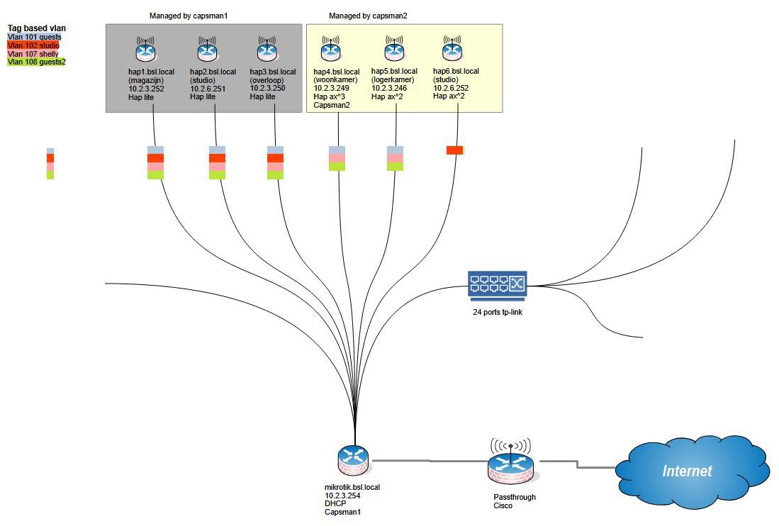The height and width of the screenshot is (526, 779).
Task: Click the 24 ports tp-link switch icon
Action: click(x=497, y=285)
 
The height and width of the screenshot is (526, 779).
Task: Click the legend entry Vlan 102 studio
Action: click(x=33, y=45)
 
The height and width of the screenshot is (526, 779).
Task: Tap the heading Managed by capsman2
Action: click(x=368, y=16)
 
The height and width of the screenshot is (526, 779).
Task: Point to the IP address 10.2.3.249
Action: click(x=331, y=88)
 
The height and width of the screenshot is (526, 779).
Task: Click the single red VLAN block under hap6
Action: click(x=454, y=150)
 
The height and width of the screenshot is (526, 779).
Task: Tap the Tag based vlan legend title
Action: click(x=37, y=28)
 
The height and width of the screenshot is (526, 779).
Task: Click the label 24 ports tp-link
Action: click(x=498, y=311)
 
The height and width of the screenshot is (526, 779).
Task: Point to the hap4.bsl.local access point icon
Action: click(x=330, y=51)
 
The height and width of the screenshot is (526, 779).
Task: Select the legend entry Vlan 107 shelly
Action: click(x=33, y=54)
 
